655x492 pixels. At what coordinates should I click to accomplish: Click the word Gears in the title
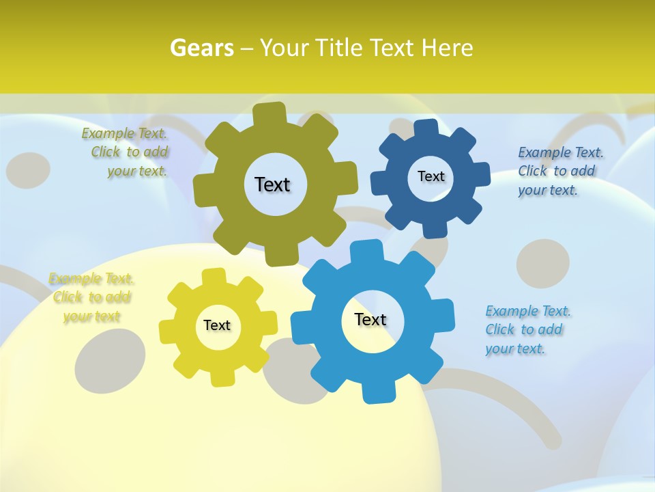[201, 48]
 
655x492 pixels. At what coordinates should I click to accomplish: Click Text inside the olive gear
[272, 184]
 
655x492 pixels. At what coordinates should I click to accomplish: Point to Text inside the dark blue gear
[431, 176]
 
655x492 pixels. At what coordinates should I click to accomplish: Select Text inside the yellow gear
[217, 325]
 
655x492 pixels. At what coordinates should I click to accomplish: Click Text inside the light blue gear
[370, 319]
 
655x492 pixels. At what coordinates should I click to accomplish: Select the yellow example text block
[91, 297]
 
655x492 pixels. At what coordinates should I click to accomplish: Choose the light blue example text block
[527, 329]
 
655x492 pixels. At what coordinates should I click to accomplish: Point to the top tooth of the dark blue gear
[426, 128]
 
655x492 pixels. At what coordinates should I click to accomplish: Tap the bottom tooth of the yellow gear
[222, 377]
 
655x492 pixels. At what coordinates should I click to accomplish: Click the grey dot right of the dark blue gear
[543, 263]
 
